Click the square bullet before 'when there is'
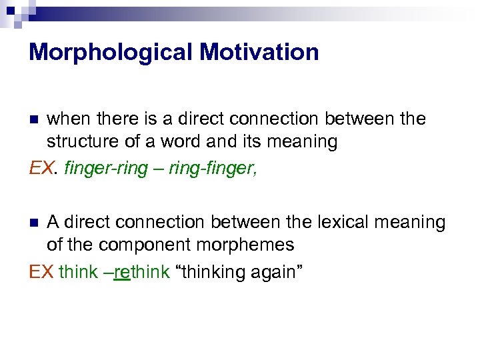point(35,120)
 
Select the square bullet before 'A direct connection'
point(35,223)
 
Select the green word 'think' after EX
point(78,273)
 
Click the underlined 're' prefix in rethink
point(121,273)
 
